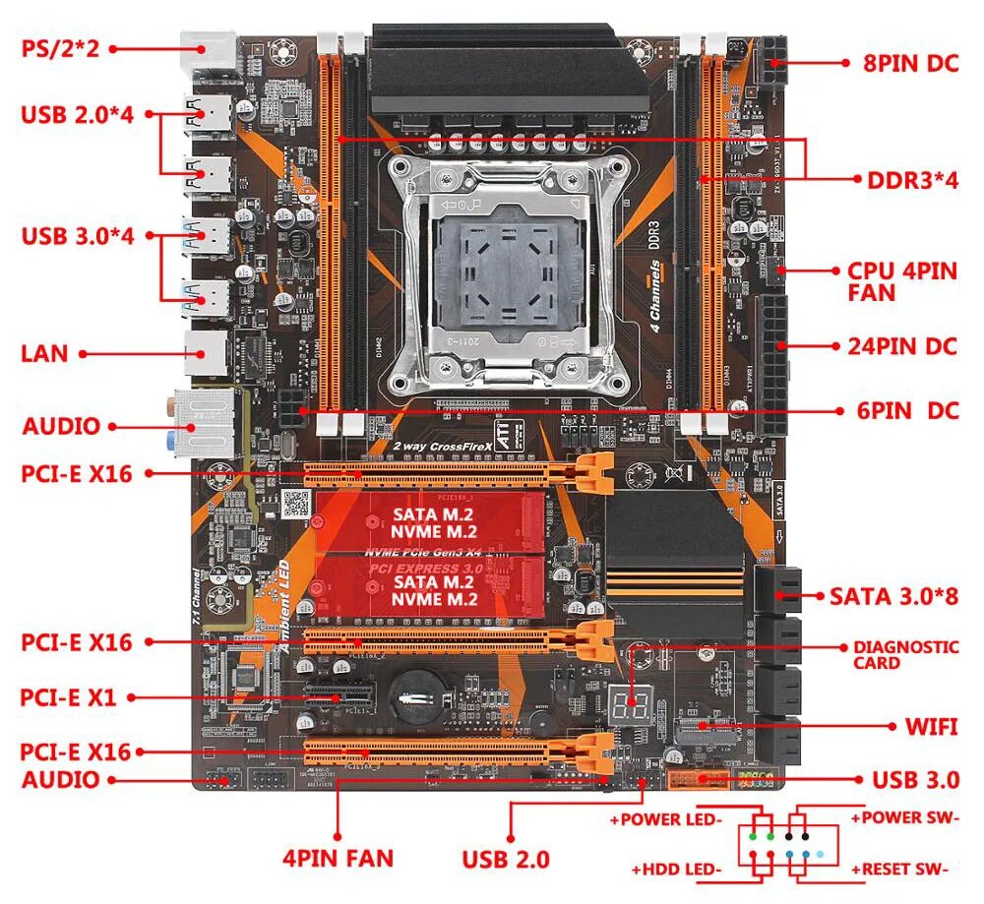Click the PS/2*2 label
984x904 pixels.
point(61,47)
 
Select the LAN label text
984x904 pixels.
point(44,352)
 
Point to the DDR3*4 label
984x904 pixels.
point(911,179)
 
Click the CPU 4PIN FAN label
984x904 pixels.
point(900,281)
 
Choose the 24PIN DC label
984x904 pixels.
point(901,346)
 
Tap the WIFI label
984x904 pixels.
point(930,727)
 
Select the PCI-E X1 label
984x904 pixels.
point(68,697)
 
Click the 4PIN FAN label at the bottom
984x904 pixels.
point(338,858)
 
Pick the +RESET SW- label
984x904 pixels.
point(899,870)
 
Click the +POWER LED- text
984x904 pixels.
point(666,818)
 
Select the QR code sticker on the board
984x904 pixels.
point(295,504)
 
